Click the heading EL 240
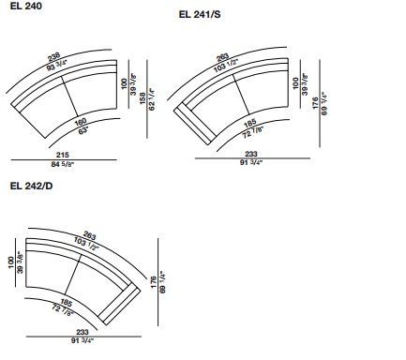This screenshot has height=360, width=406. pyautogui.click(x=26, y=6)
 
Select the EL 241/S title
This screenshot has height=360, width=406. pyautogui.click(x=200, y=14)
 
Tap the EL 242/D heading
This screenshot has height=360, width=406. pyautogui.click(x=31, y=186)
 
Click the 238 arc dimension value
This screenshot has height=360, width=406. pyautogui.click(x=53, y=57)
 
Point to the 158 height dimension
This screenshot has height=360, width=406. pyautogui.click(x=143, y=98)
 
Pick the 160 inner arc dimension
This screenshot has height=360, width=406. pyautogui.click(x=81, y=122)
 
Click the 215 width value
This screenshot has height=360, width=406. pyautogui.click(x=63, y=155)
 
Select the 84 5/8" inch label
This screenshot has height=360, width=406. pyautogui.click(x=63, y=164)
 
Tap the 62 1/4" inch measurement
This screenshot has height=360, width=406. pyautogui.click(x=152, y=99)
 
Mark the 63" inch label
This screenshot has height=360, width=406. pyautogui.click(x=83, y=130)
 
